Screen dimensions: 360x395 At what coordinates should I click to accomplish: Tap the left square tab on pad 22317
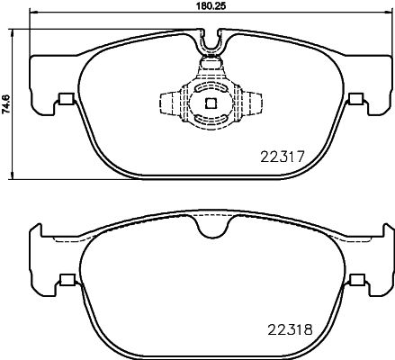click(x=64, y=100)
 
